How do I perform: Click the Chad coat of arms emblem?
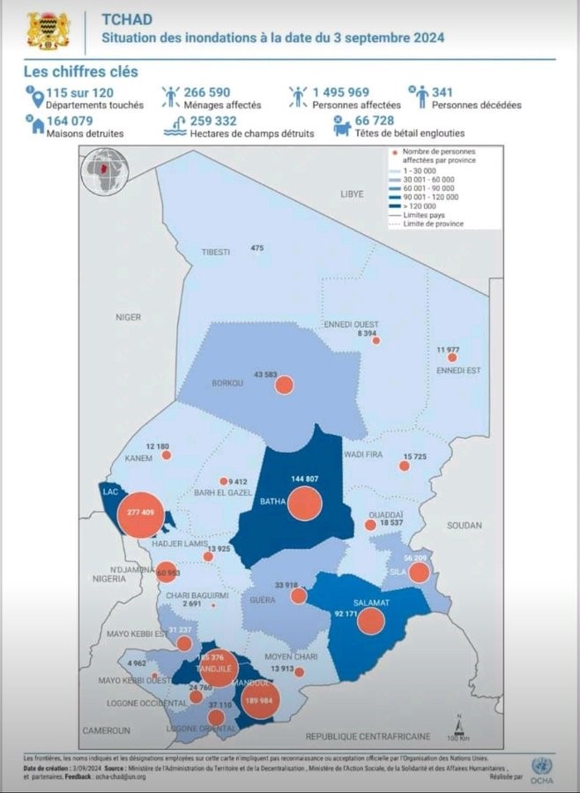tap(47, 30)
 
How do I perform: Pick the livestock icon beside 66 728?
tap(341, 127)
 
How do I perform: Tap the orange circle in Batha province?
tap(303, 504)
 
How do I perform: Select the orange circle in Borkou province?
tap(284, 385)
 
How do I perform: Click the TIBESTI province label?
tap(215, 252)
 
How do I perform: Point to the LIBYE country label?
tap(352, 192)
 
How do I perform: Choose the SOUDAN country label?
tap(465, 525)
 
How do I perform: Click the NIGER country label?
tap(128, 315)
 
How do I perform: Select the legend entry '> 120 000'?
tap(420, 205)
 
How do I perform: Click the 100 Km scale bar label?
tap(457, 737)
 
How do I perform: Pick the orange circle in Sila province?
tap(418, 573)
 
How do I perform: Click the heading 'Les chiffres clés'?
tap(80, 71)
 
